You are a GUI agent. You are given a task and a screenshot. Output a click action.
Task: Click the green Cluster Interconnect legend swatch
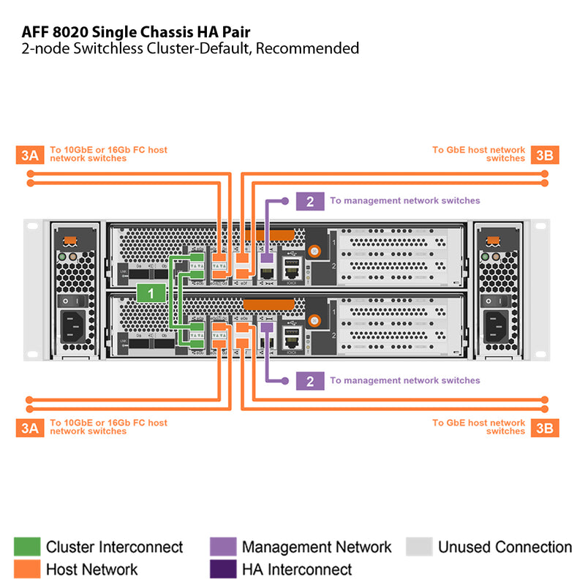click(27, 547)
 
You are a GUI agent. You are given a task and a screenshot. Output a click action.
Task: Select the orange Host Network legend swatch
click(27, 569)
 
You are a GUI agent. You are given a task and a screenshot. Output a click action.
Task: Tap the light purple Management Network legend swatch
click(223, 547)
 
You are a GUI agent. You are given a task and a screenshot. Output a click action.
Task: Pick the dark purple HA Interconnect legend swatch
click(223, 569)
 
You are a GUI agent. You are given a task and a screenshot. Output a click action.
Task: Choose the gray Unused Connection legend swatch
click(419, 547)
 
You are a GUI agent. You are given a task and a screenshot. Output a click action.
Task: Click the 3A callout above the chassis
click(30, 154)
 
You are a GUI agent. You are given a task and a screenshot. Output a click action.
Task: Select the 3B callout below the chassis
click(545, 428)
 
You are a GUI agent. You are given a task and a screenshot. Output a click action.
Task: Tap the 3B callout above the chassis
click(545, 154)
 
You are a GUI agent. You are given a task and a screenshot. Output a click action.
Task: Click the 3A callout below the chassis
click(30, 428)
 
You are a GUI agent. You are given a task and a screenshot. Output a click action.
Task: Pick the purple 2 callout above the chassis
click(310, 201)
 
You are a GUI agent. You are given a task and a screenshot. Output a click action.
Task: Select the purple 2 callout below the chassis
click(310, 380)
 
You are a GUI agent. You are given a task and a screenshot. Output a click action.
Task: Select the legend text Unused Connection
click(505, 547)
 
